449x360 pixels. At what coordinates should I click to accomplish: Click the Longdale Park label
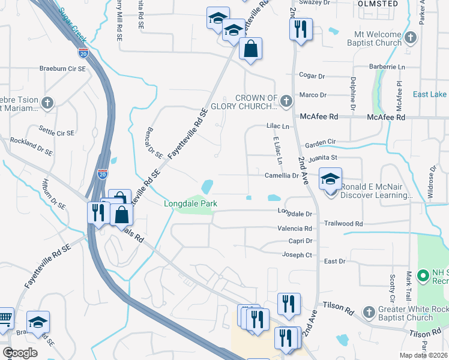click(190, 204)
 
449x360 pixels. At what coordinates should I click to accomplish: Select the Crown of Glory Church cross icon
click(286, 101)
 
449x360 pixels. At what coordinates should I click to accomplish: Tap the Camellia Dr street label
click(282, 176)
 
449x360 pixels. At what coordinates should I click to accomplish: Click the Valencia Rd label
click(295, 229)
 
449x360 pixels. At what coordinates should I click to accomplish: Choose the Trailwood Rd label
click(343, 223)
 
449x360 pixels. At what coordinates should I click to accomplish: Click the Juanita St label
click(323, 158)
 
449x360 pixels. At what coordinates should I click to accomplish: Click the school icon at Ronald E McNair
click(330, 178)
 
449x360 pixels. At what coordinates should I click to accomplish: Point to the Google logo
click(20, 352)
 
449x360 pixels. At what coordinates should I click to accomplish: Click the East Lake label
click(429, 94)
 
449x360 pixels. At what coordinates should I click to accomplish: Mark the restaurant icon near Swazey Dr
click(301, 29)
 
